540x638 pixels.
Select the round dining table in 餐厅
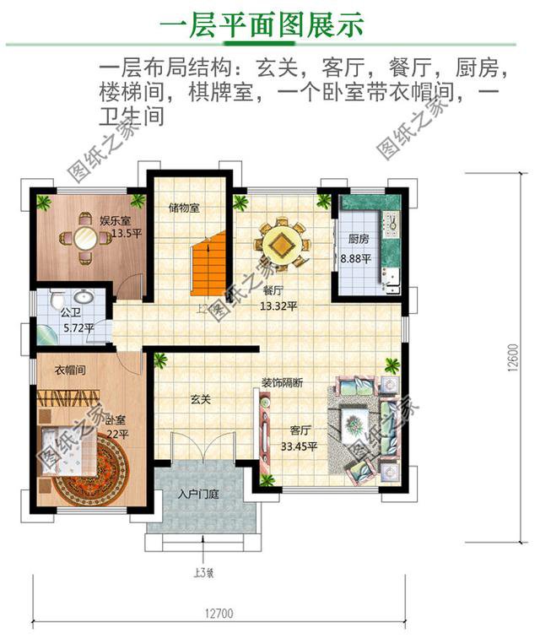283,244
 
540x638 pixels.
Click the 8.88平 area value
355,259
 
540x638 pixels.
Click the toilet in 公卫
57,300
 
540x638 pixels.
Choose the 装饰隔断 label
281,382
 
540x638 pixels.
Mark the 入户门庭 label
199,494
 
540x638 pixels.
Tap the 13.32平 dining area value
278,305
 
